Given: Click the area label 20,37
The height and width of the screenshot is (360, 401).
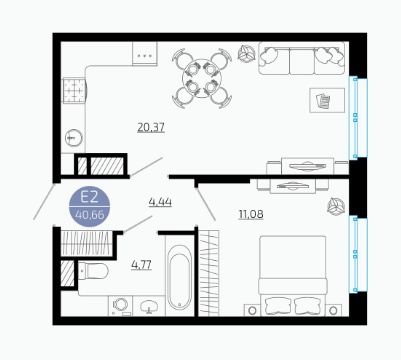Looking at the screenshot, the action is [151, 127].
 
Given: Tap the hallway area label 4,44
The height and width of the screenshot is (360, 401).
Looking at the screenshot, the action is [160, 202].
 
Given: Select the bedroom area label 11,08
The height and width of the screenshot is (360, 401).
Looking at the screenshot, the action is [251, 214].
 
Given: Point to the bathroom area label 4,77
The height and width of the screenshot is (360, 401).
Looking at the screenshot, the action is [141, 265].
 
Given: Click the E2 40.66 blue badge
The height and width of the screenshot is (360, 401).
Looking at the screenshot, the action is [89, 206].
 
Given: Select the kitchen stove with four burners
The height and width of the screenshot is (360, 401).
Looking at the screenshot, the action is [74, 90].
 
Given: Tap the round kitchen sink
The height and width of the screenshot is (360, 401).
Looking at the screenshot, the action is [74, 138].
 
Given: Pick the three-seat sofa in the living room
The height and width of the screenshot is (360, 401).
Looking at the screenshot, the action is [302, 58].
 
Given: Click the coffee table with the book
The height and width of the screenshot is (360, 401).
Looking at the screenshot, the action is [327, 100].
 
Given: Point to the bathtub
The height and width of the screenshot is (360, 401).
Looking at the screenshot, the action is [179, 276].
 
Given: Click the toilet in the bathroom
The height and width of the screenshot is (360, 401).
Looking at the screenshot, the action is [93, 270].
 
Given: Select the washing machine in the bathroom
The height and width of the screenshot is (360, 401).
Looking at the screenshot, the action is [120, 306].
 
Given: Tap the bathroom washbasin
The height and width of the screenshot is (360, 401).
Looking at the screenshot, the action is [149, 306].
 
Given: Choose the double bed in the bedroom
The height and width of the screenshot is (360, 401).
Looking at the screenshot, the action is [293, 276].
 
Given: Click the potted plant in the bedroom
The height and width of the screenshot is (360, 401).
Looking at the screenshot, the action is [335, 207].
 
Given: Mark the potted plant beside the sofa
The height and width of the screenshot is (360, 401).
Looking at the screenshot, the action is [246, 53].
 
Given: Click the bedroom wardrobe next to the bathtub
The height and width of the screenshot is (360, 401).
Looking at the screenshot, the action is [209, 273].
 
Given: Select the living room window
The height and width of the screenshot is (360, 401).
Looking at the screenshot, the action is [358, 118].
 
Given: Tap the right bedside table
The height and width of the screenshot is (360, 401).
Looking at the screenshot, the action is [333, 310].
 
